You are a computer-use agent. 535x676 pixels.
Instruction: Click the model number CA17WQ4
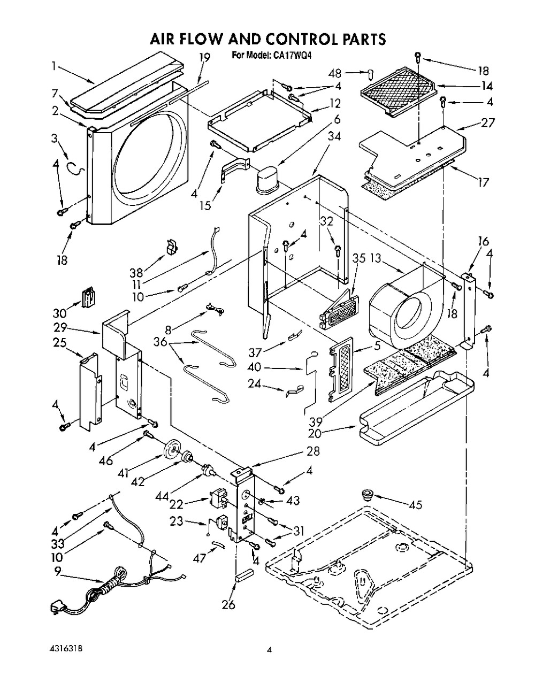[288, 55]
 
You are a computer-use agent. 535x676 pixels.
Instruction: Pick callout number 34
[319, 137]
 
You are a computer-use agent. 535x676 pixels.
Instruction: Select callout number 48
[349, 72]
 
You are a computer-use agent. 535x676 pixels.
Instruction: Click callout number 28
[313, 451]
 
